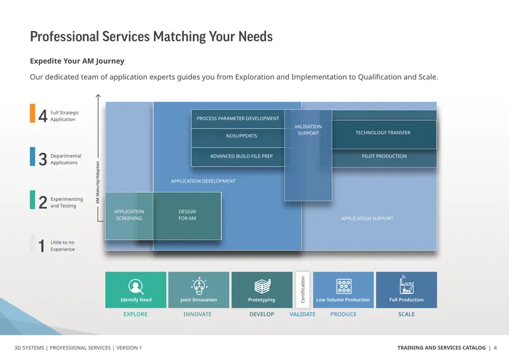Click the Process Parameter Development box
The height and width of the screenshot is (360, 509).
(x=238, y=119)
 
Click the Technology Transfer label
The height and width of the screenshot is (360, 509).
(x=383, y=133)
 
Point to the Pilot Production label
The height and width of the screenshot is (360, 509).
(x=384, y=156)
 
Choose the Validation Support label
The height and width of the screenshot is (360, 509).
(x=308, y=130)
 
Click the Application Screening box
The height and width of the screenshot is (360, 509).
(x=129, y=216)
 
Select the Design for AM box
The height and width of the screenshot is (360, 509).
(x=187, y=216)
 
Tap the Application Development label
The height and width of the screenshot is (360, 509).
(x=203, y=181)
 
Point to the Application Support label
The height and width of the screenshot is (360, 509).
(x=367, y=218)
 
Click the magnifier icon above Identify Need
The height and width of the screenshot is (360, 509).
(x=136, y=286)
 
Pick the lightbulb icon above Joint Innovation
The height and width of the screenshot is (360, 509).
(x=199, y=286)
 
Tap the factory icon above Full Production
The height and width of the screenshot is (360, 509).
(x=406, y=284)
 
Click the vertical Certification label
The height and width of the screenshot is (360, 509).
(x=303, y=289)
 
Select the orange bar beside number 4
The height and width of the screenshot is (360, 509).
(x=32, y=113)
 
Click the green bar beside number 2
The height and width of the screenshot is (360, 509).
(x=32, y=200)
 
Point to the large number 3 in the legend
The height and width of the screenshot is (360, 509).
(x=43, y=159)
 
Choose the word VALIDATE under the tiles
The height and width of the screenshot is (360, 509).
(x=303, y=314)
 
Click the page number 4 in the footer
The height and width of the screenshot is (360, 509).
(x=495, y=348)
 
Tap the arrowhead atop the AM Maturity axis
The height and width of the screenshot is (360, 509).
(x=98, y=96)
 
